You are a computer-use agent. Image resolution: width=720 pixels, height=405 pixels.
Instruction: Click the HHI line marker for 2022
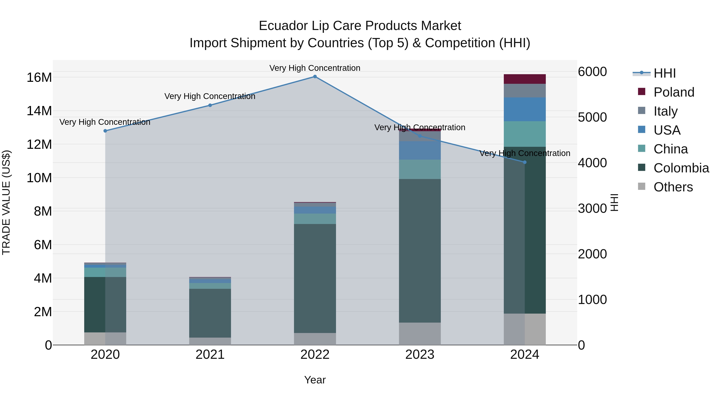point(315,77)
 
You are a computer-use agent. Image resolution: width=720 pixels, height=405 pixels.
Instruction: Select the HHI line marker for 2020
point(105,131)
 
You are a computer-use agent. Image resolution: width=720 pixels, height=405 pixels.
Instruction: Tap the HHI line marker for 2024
point(524,162)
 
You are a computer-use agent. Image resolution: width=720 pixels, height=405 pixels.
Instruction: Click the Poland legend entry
point(674,92)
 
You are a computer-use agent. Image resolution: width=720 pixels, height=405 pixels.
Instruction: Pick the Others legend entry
point(673,187)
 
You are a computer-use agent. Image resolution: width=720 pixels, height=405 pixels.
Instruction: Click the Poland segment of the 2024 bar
point(524,79)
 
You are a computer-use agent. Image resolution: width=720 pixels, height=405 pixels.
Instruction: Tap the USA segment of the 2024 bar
point(524,109)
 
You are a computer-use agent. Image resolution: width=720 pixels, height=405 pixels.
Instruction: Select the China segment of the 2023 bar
point(420,169)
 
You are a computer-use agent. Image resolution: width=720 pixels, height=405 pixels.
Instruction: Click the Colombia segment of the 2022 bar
point(315,278)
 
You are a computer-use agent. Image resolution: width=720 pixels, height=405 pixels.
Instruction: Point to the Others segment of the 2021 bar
point(210,341)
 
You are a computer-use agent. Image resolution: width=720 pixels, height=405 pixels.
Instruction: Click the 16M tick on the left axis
point(39,77)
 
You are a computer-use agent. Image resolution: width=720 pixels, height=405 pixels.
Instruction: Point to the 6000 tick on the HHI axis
point(592,72)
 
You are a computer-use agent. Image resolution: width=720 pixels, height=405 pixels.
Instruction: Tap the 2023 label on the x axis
point(420,355)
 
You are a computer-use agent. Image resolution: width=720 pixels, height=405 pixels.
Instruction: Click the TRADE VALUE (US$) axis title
point(6,202)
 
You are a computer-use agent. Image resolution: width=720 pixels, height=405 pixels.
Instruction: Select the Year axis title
point(315,380)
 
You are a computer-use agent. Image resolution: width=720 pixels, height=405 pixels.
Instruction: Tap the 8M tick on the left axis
point(43,211)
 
